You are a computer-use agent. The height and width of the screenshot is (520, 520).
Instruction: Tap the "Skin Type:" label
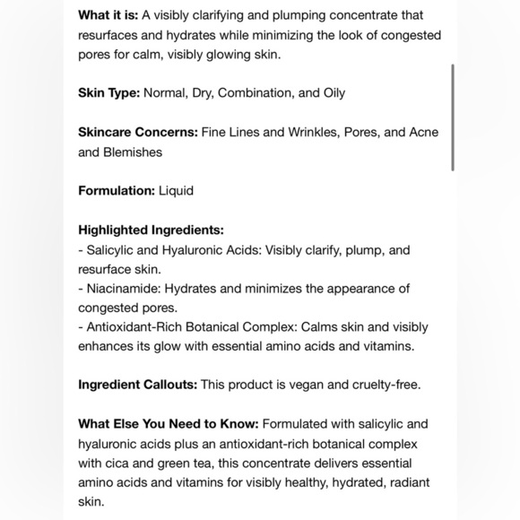[108, 92]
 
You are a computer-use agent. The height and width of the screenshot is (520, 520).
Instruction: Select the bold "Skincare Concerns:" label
[138, 132]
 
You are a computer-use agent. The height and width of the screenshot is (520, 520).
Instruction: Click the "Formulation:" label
[117, 190]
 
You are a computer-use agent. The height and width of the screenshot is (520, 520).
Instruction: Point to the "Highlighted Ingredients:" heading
[151, 230]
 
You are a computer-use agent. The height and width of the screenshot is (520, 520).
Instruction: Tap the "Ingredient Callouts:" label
[137, 385]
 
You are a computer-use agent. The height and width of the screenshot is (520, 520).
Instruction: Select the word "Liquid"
[177, 190]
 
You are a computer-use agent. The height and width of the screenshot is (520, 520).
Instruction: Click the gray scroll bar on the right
[453, 117]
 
